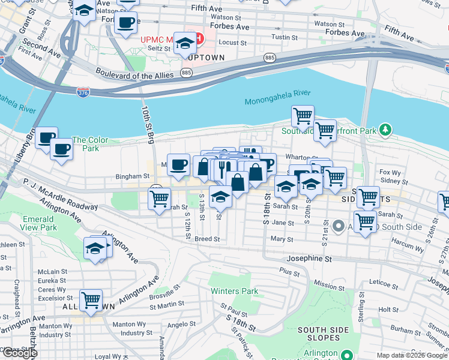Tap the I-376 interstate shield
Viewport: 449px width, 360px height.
pos(83,92)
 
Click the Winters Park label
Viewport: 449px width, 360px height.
pos(234,292)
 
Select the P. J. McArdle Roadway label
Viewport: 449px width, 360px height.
pos(60,190)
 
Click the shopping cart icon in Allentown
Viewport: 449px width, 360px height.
pos(91,299)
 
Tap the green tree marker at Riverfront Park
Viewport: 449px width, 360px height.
pos(385,128)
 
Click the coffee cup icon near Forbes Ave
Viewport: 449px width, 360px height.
pos(125,23)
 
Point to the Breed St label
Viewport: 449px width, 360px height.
pos(207,239)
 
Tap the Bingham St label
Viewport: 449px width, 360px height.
pos(133,177)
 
